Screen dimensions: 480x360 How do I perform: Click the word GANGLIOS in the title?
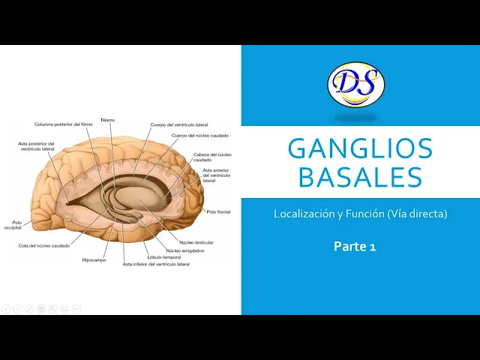tap(360, 148)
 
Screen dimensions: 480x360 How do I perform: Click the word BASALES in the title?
tap(360, 178)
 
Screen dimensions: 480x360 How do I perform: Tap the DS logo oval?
tap(356, 84)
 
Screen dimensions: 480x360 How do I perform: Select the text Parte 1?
tap(355, 245)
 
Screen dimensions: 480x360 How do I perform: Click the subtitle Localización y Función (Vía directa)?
tap(360, 214)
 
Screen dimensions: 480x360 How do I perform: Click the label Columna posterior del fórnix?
tap(63, 124)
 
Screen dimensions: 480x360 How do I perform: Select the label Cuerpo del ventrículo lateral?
tap(180, 124)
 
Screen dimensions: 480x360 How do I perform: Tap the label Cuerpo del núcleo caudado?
tap(200, 136)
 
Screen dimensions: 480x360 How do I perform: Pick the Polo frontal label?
tap(218, 212)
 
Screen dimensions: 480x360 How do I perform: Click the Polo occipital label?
tap(13, 224)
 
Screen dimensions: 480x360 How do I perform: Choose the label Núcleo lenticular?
tap(196, 243)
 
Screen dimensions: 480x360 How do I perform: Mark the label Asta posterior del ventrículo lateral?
tap(37, 146)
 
